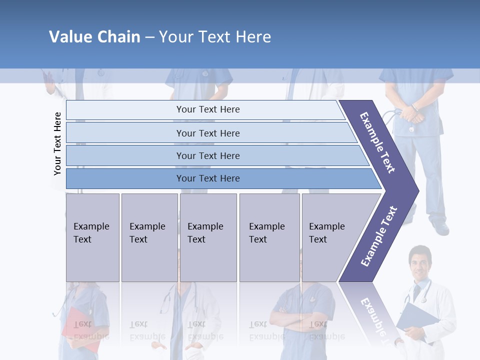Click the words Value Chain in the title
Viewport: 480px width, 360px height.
pyautogui.click(x=94, y=37)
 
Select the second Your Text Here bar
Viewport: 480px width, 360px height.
pyautogui.click(x=207, y=133)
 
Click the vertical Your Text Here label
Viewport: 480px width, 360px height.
pyautogui.click(x=57, y=143)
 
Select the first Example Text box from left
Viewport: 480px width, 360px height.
pyautogui.click(x=92, y=237)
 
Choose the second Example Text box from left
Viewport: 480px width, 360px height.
pyautogui.click(x=149, y=237)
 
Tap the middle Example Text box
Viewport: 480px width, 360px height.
pyautogui.click(x=208, y=237)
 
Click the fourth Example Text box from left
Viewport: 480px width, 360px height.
pyautogui.click(x=269, y=237)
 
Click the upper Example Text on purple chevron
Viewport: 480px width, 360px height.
pyautogui.click(x=378, y=142)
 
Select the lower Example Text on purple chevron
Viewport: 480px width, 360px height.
pyautogui.click(x=378, y=236)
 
